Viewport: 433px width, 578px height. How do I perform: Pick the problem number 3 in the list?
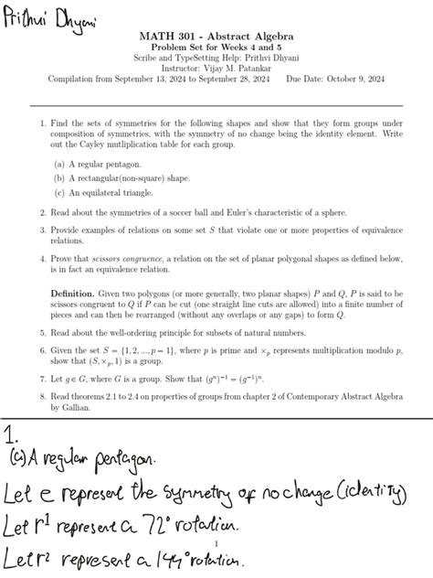42,230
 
